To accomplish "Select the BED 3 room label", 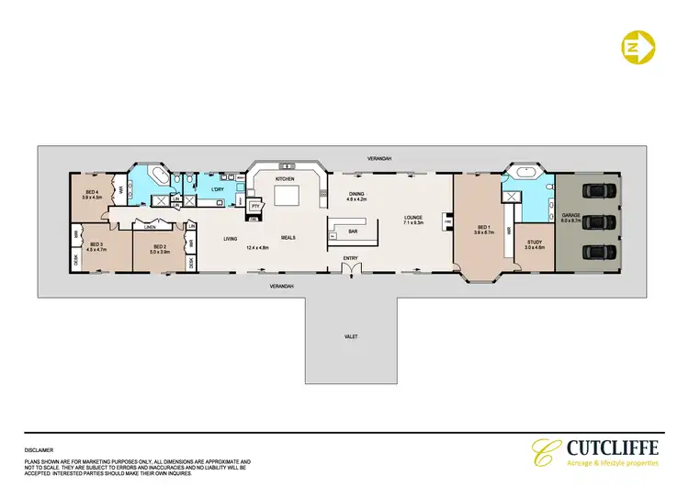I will [96, 243].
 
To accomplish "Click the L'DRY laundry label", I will [219, 189].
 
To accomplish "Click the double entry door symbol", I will [350, 269].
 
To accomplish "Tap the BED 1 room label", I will [480, 229].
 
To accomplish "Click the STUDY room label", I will [534, 245].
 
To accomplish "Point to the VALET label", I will [350, 337].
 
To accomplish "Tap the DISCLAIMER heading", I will [40, 450].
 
